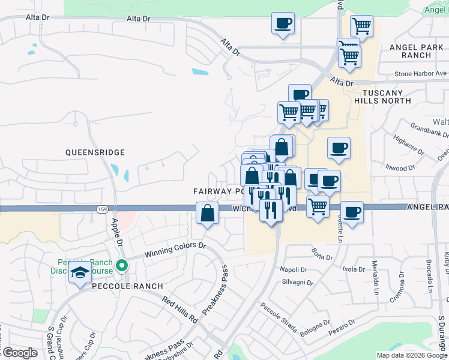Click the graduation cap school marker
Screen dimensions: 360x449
[80, 273]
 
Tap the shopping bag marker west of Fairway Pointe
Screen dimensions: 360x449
[207, 214]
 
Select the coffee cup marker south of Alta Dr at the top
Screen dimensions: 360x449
[283, 25]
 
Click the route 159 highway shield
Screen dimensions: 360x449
[101, 209]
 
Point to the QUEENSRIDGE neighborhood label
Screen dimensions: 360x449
[95, 153]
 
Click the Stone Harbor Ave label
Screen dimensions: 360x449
[420, 74]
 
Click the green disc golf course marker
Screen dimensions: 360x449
[122, 265]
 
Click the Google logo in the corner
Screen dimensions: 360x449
[20, 353]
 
